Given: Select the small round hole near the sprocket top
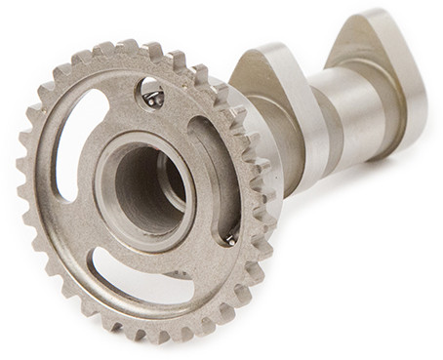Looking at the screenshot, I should (x=153, y=97).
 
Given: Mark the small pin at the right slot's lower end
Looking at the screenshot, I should (x=231, y=238).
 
